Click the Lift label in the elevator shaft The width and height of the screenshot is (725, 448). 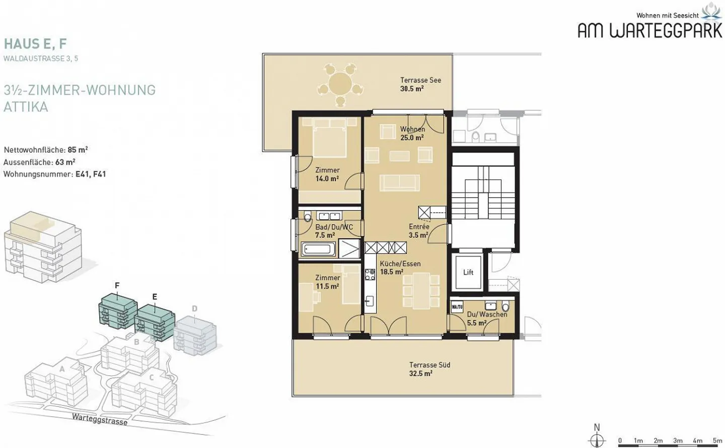[468, 273]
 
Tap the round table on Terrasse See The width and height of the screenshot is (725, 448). [340, 84]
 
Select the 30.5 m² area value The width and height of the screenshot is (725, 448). [412, 88]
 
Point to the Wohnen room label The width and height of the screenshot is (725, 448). [412, 129]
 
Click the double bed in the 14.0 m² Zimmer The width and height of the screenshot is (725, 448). [329, 139]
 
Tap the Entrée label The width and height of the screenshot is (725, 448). [419, 227]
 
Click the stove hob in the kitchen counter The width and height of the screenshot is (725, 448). [370, 274]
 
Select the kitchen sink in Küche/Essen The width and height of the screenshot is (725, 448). [370, 301]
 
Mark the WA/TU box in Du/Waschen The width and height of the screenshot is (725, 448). [457, 307]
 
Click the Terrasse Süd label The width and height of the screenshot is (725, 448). [429, 365]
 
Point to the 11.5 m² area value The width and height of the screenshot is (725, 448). [327, 286]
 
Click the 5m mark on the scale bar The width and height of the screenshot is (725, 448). [717, 440]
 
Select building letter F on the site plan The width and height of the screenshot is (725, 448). [117, 285]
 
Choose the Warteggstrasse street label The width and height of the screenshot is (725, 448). [100, 419]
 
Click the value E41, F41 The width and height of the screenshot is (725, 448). [91, 174]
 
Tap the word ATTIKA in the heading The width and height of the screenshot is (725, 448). [26, 107]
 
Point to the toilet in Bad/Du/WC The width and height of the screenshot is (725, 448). [308, 216]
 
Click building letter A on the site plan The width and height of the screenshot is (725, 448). [62, 369]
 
